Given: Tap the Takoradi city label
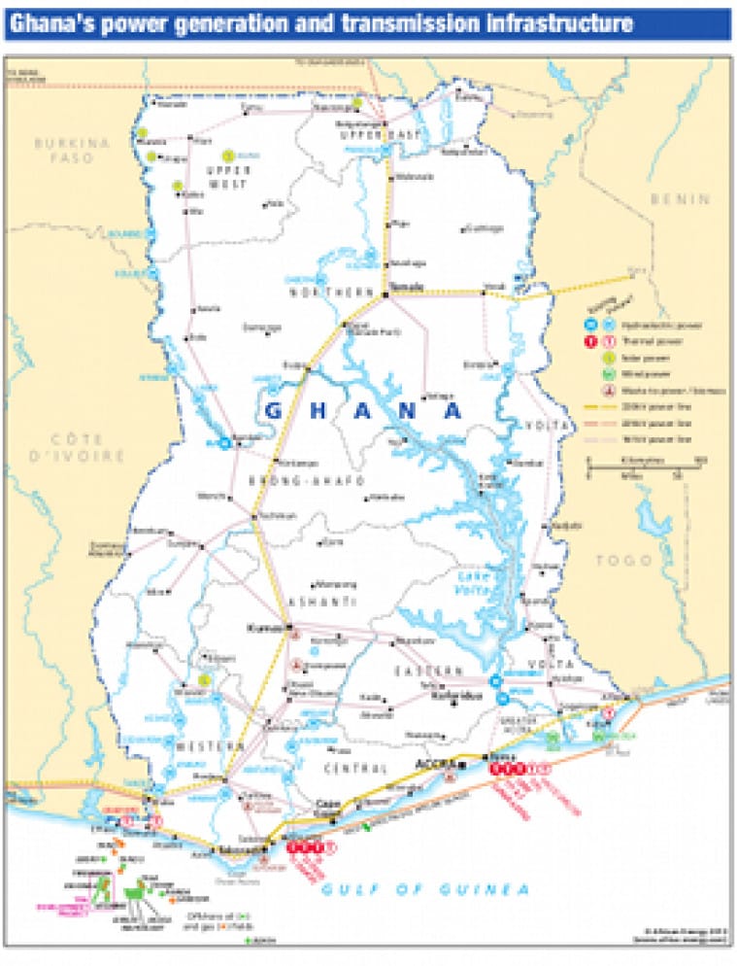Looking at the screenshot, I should coord(243,848).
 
